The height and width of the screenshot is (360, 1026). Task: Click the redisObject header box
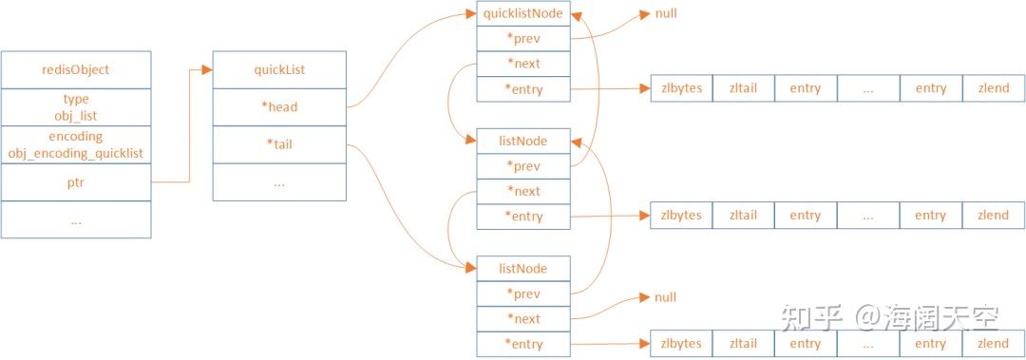pos(76,69)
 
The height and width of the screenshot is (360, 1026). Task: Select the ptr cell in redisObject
pos(76,183)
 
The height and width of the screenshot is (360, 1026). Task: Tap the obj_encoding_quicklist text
pos(76,153)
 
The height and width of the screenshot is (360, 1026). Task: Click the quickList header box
pos(278,69)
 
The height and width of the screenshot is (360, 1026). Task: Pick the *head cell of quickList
pos(278,106)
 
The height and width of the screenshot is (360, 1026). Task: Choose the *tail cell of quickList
pos(278,144)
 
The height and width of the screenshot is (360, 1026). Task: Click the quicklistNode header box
pos(523,13)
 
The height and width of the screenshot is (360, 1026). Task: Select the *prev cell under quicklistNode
pos(523,39)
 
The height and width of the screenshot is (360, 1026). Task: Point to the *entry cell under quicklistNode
pos(523,90)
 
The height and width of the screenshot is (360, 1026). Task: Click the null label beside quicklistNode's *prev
pos(666,14)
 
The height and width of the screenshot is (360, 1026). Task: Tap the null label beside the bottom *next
pos(666,297)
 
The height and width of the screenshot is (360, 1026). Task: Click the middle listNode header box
pos(523,141)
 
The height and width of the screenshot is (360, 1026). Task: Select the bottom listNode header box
pos(523,269)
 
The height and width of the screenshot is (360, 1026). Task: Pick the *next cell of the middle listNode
pos(523,191)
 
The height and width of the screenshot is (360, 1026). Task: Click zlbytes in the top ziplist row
pos(681,88)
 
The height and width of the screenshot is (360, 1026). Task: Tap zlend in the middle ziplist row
pos(993,216)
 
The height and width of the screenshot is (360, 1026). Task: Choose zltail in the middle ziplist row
pos(743,216)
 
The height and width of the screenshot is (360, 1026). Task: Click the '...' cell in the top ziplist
pos(868,88)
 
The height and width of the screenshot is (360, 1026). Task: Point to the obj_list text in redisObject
pos(76,114)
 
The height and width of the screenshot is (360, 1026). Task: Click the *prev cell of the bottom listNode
pos(523,294)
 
